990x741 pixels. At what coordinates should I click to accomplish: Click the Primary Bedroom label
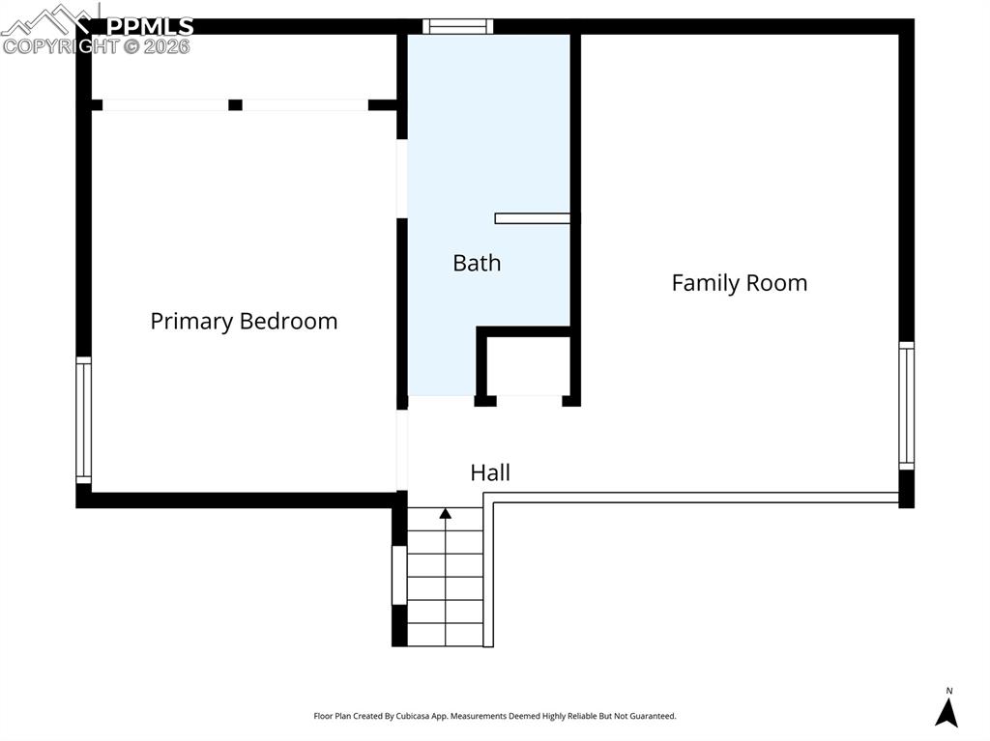point(244,322)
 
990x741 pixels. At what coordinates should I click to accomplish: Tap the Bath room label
point(477,263)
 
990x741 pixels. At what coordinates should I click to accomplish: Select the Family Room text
point(739,283)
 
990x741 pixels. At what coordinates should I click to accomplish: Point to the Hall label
point(490,473)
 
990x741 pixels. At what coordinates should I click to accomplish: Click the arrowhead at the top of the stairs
point(445,514)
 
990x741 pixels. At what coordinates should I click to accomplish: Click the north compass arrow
point(946,711)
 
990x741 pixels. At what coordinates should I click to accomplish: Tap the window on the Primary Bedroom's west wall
point(84,420)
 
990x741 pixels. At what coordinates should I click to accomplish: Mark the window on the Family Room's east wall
point(906,406)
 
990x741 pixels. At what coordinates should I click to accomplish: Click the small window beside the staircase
point(398,576)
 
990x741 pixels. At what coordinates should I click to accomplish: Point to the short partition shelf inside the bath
point(532,218)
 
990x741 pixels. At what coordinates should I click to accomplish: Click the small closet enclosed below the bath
point(528,365)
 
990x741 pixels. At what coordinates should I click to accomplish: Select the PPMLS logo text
point(149,26)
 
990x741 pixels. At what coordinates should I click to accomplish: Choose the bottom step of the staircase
point(445,635)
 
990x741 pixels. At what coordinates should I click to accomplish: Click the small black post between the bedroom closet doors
point(235,104)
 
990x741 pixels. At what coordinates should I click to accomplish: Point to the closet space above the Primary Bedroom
point(242,68)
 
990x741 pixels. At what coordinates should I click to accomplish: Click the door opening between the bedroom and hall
point(402,450)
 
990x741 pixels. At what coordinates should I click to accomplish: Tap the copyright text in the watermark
point(97,45)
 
